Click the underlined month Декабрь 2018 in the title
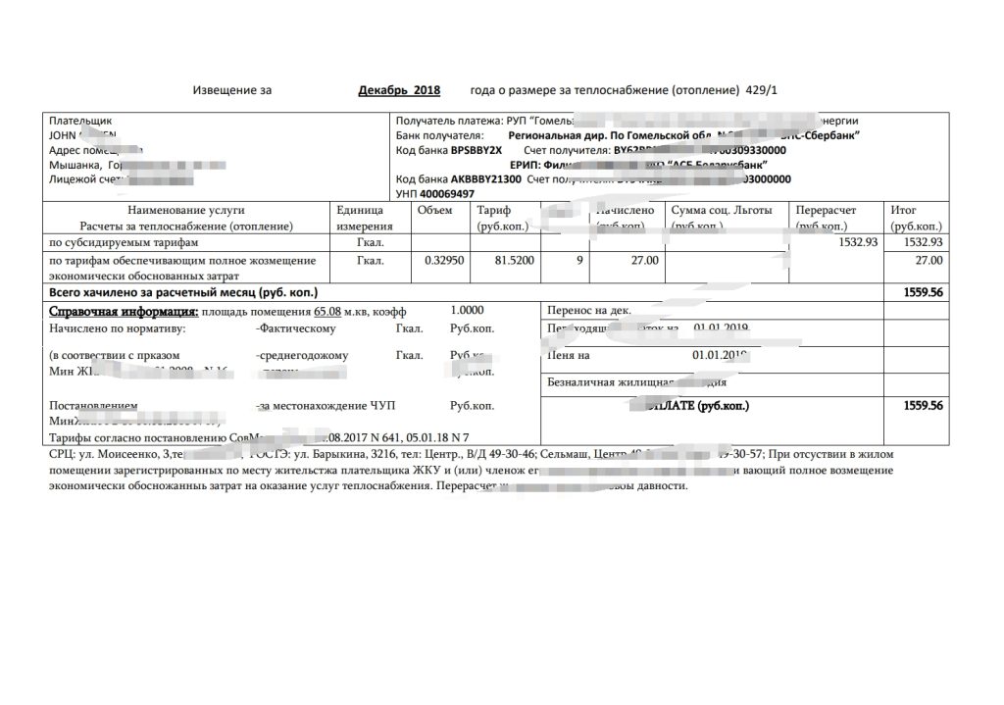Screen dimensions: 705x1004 tap(399, 90)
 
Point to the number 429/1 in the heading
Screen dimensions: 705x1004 tap(762, 90)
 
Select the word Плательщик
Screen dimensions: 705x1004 tap(75, 121)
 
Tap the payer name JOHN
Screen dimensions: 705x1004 tap(63, 135)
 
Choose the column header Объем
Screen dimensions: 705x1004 tap(434, 210)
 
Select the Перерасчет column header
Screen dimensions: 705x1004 tap(826, 210)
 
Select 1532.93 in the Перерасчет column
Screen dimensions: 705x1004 tap(859, 241)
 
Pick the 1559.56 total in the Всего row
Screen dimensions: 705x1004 tap(923, 292)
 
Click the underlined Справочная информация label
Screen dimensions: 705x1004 tap(124, 311)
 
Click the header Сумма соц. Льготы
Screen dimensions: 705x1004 tap(722, 210)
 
